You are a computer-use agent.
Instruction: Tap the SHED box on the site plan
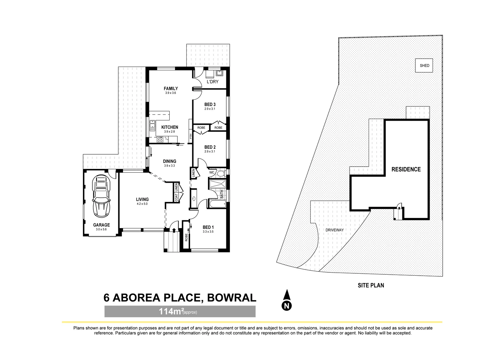click(x=424, y=66)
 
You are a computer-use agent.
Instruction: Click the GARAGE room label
click(x=101, y=225)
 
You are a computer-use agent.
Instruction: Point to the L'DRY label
click(x=212, y=82)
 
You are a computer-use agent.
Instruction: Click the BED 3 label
click(x=210, y=104)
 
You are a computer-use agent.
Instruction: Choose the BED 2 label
click(x=210, y=147)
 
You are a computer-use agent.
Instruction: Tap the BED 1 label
click(x=208, y=228)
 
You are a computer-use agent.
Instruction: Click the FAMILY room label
click(x=170, y=88)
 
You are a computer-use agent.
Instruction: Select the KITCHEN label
click(x=170, y=127)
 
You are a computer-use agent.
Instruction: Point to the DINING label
click(x=170, y=161)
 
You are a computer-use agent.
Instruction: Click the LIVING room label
click(x=142, y=199)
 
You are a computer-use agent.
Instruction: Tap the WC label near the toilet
click(x=211, y=173)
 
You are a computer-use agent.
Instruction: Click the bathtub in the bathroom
click(x=217, y=204)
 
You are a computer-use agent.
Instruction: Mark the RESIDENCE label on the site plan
click(x=406, y=169)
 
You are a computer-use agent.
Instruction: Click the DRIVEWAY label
click(x=334, y=230)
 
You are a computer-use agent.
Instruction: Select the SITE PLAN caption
click(x=371, y=285)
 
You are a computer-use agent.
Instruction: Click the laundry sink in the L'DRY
click(x=220, y=73)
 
